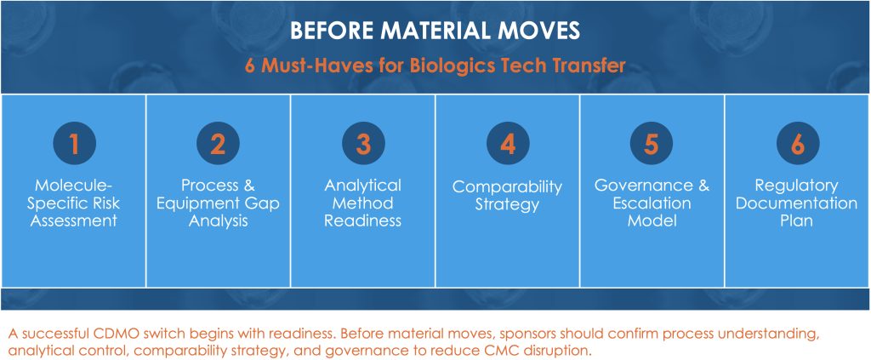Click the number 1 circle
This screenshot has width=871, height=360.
click(75, 143)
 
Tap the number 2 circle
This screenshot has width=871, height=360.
click(219, 143)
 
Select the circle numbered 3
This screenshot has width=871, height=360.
click(363, 143)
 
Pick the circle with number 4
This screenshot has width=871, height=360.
click(508, 143)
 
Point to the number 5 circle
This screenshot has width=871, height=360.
click(652, 143)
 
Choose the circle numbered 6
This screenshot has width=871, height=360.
click(797, 143)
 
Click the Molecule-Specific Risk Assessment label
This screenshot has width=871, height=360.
click(75, 203)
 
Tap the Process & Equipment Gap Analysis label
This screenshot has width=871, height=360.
click(219, 203)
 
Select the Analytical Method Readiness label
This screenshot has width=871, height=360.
click(363, 203)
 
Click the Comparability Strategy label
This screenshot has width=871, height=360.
click(508, 196)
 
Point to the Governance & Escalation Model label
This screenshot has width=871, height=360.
click(652, 203)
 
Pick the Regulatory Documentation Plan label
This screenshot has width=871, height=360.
click(797, 203)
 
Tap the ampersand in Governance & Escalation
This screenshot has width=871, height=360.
click(703, 185)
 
